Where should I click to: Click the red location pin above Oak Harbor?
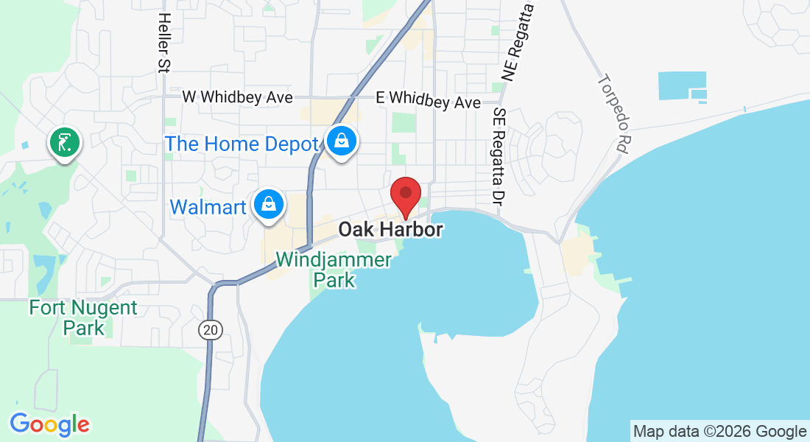pyautogui.click(x=405, y=196)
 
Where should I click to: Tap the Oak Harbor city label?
pyautogui.click(x=390, y=230)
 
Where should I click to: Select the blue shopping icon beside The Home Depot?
pyautogui.click(x=342, y=141)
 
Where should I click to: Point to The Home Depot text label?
pyautogui.click(x=241, y=144)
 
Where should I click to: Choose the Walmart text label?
pyautogui.click(x=208, y=207)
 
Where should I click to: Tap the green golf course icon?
pyautogui.click(x=64, y=142)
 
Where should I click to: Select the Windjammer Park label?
pyautogui.click(x=334, y=270)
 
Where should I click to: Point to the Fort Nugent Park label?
pyautogui.click(x=83, y=317)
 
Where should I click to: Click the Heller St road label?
pyautogui.click(x=164, y=43)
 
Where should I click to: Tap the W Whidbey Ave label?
pyautogui.click(x=237, y=97)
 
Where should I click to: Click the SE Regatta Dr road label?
pyautogui.click(x=500, y=155)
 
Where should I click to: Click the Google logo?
pyautogui.click(x=49, y=424)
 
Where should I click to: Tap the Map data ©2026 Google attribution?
pyautogui.click(x=719, y=432)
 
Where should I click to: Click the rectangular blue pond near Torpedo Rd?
pyautogui.click(x=682, y=86)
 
